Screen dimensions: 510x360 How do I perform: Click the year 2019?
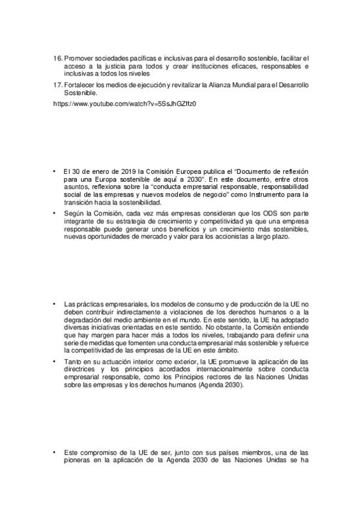120,171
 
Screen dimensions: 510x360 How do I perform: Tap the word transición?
78,203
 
